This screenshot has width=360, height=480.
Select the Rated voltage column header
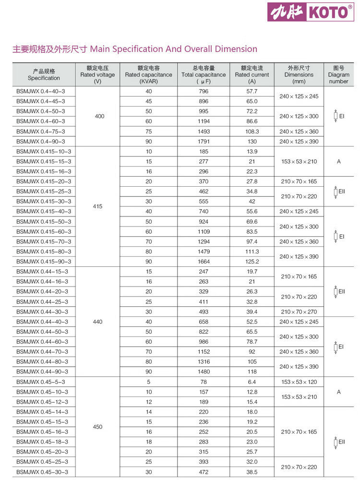pyautogui.click(x=97, y=74)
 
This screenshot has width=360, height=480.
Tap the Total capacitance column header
pyautogui.click(x=204, y=74)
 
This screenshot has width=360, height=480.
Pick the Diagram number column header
pyautogui.click(x=338, y=74)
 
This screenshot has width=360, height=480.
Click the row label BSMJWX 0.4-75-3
pyautogui.click(x=40, y=131)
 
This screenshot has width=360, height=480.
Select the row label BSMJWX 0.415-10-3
pyautogui.click(x=44, y=151)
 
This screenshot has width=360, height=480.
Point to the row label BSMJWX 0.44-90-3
pyautogui.click(x=42, y=372)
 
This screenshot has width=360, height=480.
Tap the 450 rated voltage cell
pyautogui.click(x=97, y=427)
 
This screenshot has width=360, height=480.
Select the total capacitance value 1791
pyautogui.click(x=204, y=141)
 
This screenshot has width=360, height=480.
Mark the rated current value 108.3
pyautogui.click(x=252, y=131)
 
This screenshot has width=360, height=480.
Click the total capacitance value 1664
pyautogui.click(x=204, y=261)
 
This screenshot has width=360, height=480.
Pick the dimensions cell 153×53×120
pyautogui.click(x=299, y=382)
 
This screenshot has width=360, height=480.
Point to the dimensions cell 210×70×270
pyautogui.click(x=299, y=312)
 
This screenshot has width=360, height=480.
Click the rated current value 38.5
pyautogui.click(x=252, y=472)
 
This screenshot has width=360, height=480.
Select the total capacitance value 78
pyautogui.click(x=204, y=382)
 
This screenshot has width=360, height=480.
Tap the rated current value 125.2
pyautogui.click(x=252, y=261)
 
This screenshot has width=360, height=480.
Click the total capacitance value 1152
pyautogui.click(x=204, y=351)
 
